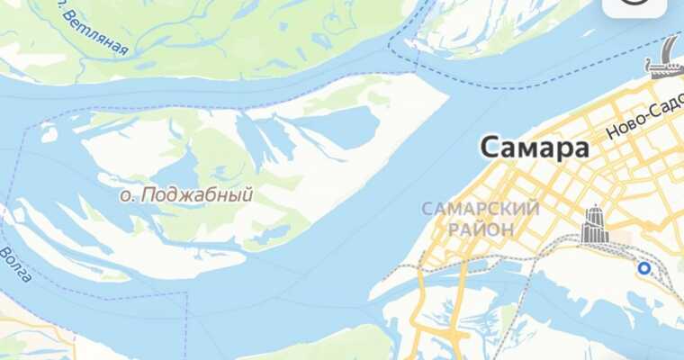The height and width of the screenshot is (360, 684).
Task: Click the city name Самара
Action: coord(535,147)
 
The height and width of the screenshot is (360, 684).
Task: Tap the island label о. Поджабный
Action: coord(186,194)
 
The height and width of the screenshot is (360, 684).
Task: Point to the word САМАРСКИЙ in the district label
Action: coord(481,210)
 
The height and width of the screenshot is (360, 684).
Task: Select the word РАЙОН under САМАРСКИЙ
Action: coord(481,229)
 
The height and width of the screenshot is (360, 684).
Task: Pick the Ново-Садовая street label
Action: coord(643,121)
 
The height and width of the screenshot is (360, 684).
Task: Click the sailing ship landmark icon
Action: coord(664,59)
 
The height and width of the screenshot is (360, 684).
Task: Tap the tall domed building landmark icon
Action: coord(594,224)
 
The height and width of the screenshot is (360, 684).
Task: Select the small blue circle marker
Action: coord(643,268)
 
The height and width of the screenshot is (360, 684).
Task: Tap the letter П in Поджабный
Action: coord(143,194)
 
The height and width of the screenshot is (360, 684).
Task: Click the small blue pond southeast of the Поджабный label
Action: coord(269,235)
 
